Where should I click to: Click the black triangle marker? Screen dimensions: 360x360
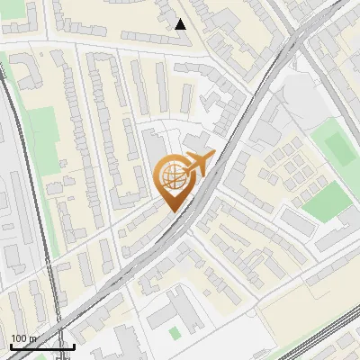point(181,24)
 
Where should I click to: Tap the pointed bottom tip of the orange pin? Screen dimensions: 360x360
point(171,211)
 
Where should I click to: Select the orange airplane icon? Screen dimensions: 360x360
point(199,166)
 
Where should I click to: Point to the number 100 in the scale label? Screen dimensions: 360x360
point(19,338)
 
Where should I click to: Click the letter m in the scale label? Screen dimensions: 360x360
point(32,338)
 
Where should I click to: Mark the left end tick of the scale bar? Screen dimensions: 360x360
point(11,345)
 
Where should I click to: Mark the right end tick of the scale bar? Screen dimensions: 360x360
point(74,345)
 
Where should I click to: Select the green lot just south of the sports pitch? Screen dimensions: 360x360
point(326,202)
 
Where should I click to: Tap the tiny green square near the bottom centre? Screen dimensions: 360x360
point(174,334)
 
